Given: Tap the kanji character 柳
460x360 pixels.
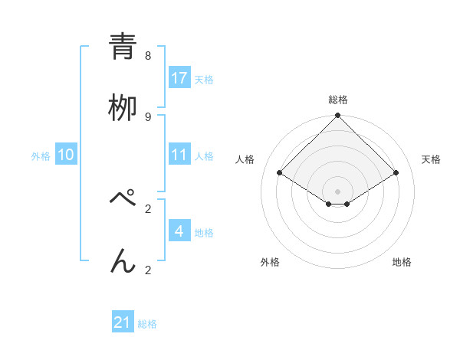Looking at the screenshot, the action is click(x=123, y=106).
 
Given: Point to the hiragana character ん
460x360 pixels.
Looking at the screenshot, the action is click(x=123, y=260).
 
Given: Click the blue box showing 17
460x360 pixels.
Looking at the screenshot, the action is click(x=179, y=77).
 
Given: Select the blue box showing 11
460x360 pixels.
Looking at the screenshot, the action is click(x=179, y=155).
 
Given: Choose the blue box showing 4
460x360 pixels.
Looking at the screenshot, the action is click(x=179, y=231).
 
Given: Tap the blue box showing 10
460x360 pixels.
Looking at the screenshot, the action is click(x=66, y=155).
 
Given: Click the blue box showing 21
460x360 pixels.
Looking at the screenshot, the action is click(x=123, y=322).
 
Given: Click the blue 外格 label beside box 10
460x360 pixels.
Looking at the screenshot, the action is click(x=41, y=156).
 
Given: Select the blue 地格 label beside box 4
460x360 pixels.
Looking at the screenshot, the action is click(x=204, y=232).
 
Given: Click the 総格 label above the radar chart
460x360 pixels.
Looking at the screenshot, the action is click(x=337, y=100).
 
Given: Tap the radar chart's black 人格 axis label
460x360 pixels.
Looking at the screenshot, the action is click(x=245, y=159).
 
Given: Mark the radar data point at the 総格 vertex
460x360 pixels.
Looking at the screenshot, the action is click(x=337, y=116).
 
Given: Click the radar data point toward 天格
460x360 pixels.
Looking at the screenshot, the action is click(x=396, y=172).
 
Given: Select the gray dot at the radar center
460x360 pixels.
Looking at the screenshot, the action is click(x=337, y=191).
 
